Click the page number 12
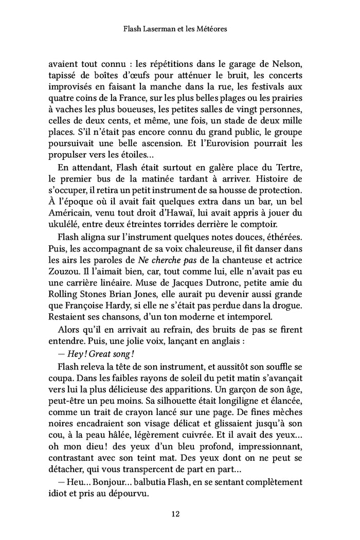tap(179, 513)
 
